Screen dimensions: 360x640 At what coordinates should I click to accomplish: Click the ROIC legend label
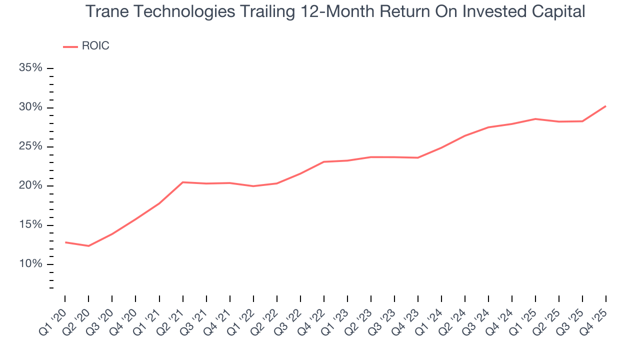[x=95, y=46]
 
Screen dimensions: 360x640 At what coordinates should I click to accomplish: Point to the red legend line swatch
[x=70, y=46]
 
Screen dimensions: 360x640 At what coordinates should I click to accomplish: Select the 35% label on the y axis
[x=30, y=67]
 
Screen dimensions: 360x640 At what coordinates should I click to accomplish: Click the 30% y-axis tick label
[x=30, y=107]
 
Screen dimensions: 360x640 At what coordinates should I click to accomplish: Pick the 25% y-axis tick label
[x=30, y=146]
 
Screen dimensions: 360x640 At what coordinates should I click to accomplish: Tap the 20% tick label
[x=30, y=185]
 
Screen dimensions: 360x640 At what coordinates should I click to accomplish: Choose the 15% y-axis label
[x=30, y=224]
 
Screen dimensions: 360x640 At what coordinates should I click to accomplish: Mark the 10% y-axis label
[x=30, y=263]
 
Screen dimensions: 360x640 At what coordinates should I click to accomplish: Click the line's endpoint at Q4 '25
[x=606, y=106]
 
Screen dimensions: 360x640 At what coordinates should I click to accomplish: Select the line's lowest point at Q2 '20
[x=88, y=246]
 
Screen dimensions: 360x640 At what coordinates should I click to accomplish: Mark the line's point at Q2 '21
[x=182, y=182]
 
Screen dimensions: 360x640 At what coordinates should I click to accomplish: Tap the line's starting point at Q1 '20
[x=65, y=242]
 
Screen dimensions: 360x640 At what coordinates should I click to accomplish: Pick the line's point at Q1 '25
[x=535, y=119]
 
